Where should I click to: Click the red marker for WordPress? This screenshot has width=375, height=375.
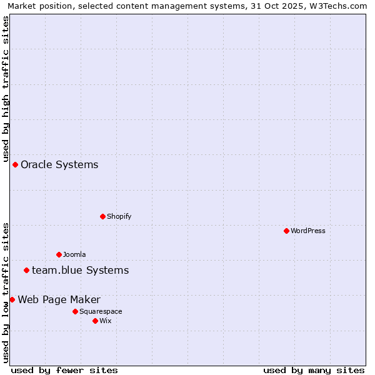286,231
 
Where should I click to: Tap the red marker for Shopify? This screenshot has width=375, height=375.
102,216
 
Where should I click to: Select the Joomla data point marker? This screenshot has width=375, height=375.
59,254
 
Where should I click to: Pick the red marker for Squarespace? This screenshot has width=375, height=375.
75,311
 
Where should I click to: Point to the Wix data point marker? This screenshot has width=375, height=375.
95,321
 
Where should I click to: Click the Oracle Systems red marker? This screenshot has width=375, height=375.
15,164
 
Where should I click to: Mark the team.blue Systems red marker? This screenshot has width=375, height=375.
26,270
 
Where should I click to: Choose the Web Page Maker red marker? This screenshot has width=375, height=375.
12,299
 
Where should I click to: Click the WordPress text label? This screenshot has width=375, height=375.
308,231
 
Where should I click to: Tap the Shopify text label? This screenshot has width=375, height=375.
119,216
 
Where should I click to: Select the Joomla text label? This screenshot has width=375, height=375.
74,254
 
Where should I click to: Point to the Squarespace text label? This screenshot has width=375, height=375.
101,311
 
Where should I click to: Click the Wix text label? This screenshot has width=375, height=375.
106,321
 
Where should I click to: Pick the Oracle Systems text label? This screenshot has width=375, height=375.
59,165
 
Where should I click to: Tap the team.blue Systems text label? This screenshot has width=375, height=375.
80,271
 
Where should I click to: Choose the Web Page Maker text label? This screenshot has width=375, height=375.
59,300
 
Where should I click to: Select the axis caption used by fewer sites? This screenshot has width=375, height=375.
64,370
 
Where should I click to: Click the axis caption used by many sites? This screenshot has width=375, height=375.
314,370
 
